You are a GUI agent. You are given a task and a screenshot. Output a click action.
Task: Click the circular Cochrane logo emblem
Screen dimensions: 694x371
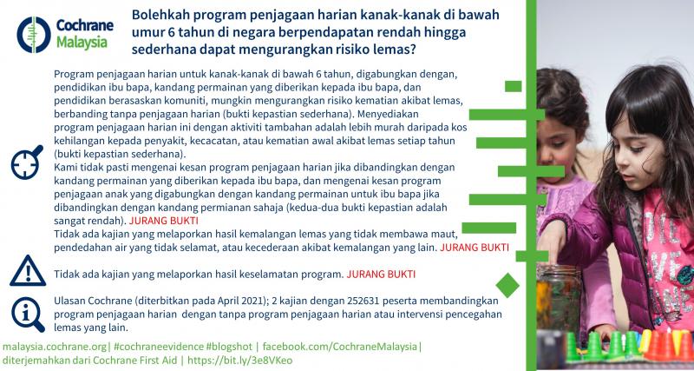tap(34, 35)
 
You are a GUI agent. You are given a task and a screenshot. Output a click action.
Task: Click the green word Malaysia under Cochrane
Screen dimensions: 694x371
tap(82, 43)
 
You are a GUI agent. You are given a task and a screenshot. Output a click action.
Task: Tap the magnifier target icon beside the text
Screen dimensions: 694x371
tap(27, 162)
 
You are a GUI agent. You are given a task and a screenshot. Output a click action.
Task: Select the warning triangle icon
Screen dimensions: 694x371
tap(28, 271)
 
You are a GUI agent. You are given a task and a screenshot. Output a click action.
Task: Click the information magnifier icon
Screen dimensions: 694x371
tap(28, 315)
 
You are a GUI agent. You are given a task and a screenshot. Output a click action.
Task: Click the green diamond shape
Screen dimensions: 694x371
tap(507, 286)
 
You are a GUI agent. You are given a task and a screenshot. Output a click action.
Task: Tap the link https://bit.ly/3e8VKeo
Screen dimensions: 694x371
tap(240, 361)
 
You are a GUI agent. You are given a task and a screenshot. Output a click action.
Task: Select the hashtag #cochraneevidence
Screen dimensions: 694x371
tap(159, 347)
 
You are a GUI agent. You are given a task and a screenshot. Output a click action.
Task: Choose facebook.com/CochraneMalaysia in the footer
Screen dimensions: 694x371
tap(340, 347)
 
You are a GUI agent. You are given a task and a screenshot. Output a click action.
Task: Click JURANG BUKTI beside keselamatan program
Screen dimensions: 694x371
tap(381, 275)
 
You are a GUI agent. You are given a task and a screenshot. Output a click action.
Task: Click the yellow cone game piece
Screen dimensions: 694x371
tap(645, 341)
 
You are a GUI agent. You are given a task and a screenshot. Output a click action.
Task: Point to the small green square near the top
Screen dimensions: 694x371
tap(513, 86)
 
